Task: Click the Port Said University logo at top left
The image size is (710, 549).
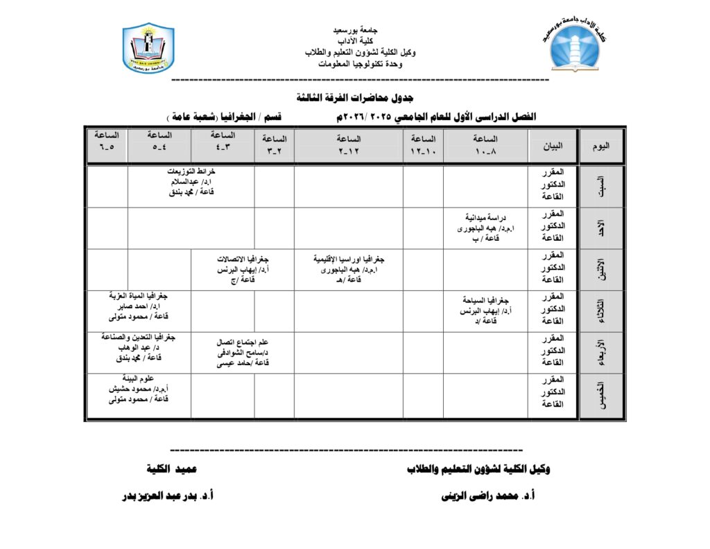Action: click(x=148, y=49)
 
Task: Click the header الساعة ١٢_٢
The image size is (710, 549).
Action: click(x=348, y=144)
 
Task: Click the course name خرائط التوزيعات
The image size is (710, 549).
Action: click(x=191, y=171)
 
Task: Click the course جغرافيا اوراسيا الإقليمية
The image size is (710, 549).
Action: click(x=349, y=258)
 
